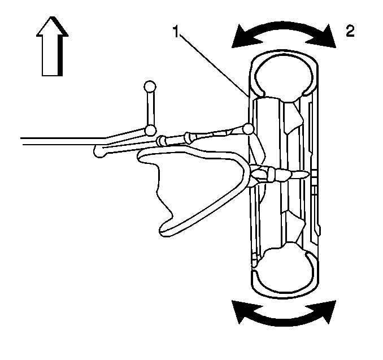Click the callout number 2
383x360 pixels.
tap(350, 31)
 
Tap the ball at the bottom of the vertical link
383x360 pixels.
tap(150, 131)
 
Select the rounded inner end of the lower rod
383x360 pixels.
tap(100, 151)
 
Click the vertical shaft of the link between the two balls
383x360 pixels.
tap(150, 109)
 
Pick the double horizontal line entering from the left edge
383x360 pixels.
tap(51, 140)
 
